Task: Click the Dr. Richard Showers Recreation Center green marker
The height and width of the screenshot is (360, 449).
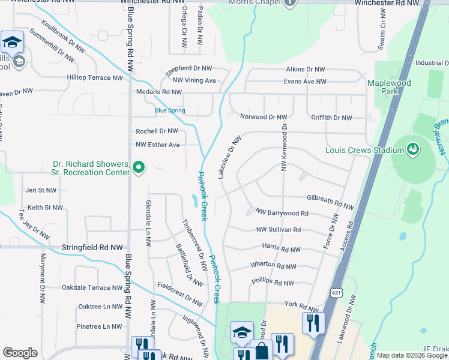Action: pyautogui.click(x=139, y=167)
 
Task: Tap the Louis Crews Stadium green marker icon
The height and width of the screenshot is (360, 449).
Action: pyautogui.click(x=412, y=148)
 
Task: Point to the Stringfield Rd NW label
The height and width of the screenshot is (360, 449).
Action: pyautogui.click(x=92, y=247)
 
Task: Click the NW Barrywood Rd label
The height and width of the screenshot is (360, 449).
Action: pyautogui.click(x=282, y=213)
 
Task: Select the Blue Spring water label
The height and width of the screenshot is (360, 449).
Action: pyautogui.click(x=170, y=110)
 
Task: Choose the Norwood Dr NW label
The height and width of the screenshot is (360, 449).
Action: pyautogui.click(x=263, y=117)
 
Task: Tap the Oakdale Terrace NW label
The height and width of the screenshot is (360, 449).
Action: pyautogui.click(x=92, y=288)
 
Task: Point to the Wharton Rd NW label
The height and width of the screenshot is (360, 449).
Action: pyautogui.click(x=273, y=266)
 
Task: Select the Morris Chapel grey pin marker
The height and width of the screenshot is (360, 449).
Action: pyautogui.click(x=289, y=3)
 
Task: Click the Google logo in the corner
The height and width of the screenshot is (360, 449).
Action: pyautogui.click(x=19, y=353)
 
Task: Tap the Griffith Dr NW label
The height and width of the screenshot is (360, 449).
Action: pyautogui.click(x=331, y=118)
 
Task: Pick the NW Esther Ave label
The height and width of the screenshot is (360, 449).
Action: pyautogui.click(x=158, y=145)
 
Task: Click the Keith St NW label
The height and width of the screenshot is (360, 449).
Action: pyautogui.click(x=45, y=208)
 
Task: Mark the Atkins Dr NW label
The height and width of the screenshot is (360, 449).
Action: pyautogui.click(x=304, y=70)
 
